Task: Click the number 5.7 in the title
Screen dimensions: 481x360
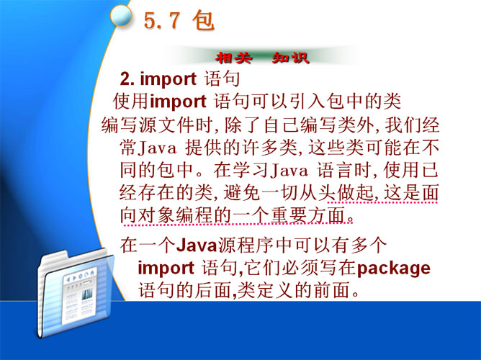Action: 162,21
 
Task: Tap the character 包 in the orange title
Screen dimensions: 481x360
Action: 203,21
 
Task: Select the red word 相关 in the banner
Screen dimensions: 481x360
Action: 233,58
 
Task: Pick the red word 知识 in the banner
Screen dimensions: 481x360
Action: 290,58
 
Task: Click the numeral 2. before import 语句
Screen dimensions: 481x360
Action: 127,79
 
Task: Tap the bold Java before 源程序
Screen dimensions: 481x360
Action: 197,246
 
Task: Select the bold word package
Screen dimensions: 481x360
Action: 394,269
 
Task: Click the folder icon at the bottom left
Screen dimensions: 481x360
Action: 76,293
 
